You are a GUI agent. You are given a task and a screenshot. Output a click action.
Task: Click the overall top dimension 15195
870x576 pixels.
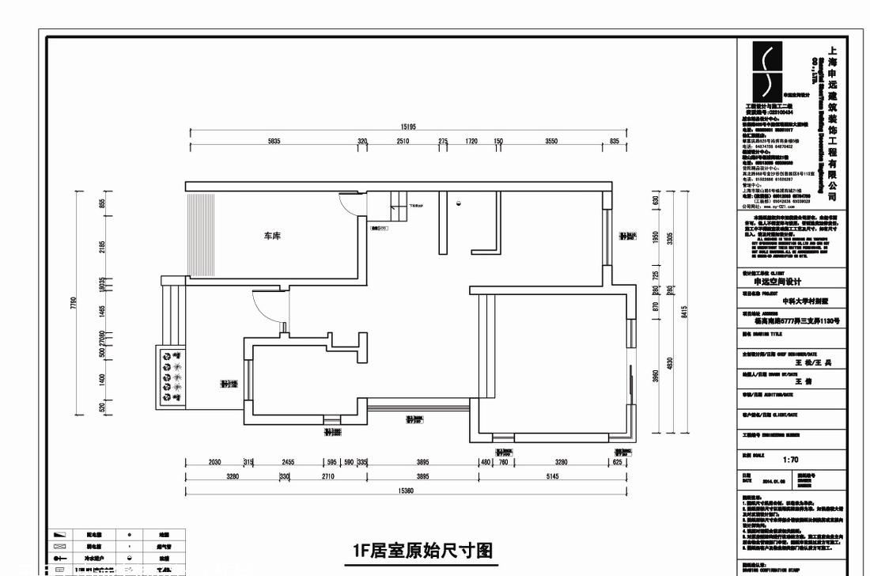408,127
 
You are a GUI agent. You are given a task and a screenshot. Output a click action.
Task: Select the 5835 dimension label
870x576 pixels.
274,142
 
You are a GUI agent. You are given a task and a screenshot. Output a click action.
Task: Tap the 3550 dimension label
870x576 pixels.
551,142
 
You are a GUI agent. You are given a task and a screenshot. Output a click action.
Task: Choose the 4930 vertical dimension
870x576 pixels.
670,364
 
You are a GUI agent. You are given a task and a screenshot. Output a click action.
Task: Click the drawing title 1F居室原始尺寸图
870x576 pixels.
422,550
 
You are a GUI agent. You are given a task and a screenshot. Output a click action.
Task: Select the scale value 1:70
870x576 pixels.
791,460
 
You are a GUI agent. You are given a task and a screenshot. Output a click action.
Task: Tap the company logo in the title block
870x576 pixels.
765,71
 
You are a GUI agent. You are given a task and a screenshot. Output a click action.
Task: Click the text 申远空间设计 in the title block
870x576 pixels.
777,282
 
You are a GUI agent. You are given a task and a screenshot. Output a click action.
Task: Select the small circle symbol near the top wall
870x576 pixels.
458,204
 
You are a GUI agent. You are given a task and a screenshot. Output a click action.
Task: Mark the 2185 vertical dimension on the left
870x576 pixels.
102,247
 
